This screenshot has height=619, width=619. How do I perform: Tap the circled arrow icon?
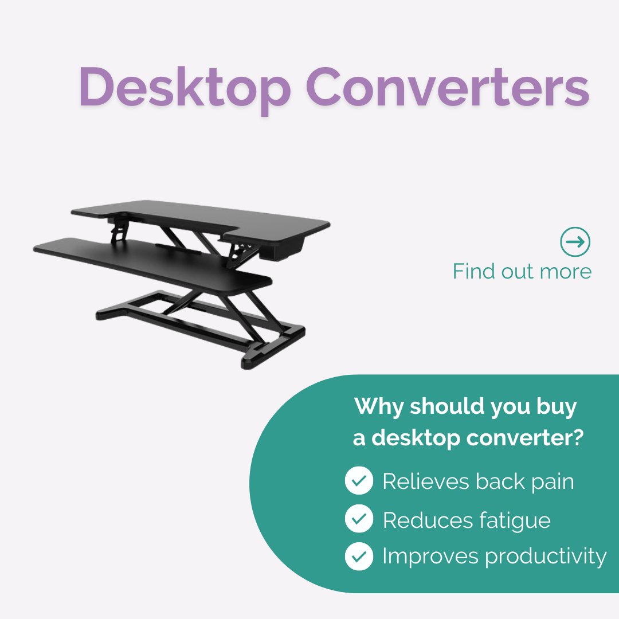(575, 242)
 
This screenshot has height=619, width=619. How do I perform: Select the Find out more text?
(522, 271)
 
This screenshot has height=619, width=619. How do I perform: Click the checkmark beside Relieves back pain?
(359, 481)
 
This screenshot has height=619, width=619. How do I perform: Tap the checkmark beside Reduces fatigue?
(359, 519)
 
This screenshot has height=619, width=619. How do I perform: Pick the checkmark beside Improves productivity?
(359, 556)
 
